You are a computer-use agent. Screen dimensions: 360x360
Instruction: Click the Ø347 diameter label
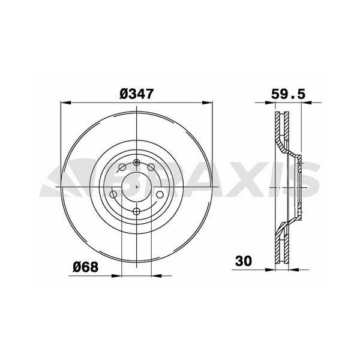point(136,94)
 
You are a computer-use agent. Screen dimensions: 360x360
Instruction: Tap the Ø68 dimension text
point(85,267)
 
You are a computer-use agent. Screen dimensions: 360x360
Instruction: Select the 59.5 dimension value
point(289,94)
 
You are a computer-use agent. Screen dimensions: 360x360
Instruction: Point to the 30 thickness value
point(244,261)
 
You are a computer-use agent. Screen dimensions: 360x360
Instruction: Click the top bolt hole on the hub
point(137,163)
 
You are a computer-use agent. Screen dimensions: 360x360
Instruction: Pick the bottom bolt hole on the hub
point(136,211)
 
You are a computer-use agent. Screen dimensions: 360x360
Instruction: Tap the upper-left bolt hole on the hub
point(122,167)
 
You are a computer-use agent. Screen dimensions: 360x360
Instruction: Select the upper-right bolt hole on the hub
point(151,167)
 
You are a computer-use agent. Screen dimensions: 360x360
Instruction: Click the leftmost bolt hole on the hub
point(113,194)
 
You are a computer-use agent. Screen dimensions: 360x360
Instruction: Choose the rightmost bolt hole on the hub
point(160,194)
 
